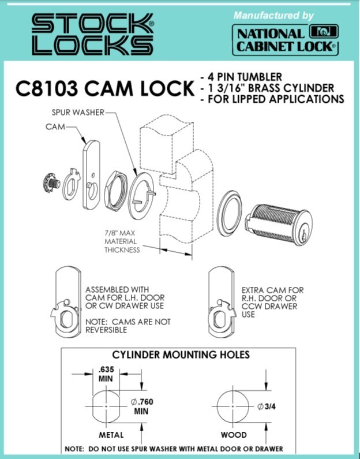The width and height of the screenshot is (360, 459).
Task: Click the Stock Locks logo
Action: [x=93, y=35]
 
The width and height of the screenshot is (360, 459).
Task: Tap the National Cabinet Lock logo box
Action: [x=286, y=40]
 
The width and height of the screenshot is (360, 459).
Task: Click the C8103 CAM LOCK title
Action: [x=104, y=88]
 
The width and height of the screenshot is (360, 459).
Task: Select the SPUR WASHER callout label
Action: [x=78, y=113]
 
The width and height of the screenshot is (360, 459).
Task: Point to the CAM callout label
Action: [x=55, y=127]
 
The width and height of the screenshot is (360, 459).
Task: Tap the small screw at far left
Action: [x=51, y=184]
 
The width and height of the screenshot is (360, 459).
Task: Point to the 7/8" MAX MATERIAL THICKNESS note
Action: [x=122, y=241]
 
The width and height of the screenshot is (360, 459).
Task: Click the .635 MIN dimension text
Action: [x=106, y=374]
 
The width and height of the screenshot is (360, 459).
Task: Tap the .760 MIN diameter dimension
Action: [x=142, y=406]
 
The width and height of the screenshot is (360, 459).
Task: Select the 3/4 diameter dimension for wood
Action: [x=267, y=406]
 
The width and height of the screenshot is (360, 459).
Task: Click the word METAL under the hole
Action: [x=111, y=435]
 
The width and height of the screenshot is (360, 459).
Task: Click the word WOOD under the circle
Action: [x=234, y=435]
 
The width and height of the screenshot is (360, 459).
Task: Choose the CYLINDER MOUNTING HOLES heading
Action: [x=181, y=355]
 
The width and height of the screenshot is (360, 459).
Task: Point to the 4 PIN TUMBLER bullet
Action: [x=241, y=77]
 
